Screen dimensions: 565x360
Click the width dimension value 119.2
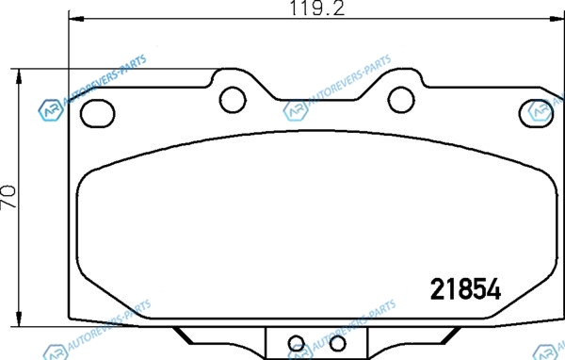coord(317,8)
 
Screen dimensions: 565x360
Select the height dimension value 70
coord(8,197)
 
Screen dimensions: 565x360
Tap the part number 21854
coord(465,289)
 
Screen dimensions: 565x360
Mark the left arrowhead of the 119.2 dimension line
coord(76,19)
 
